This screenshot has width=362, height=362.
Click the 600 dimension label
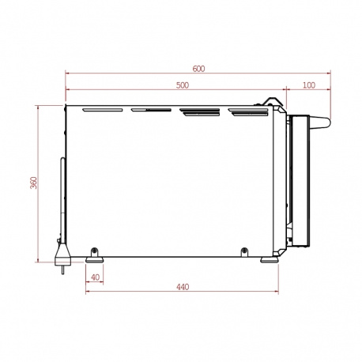pos(198,69)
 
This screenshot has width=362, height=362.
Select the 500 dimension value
pos(183,85)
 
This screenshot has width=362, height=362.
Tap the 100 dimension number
pos(309,85)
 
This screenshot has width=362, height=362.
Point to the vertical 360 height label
pos(34,183)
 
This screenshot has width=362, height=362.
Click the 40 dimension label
pos(95,277)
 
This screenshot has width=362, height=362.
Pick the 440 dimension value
pos(183,287)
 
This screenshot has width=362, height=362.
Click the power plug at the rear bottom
pos(62,255)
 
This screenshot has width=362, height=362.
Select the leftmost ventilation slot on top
pos(103,110)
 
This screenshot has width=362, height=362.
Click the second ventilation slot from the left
pos(151,110)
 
